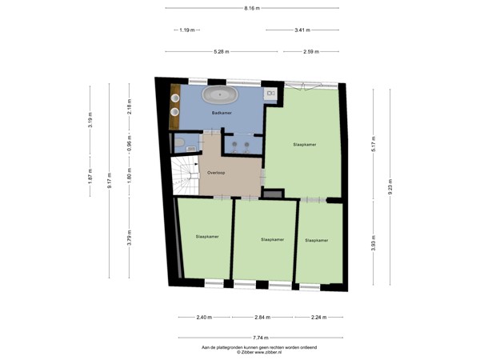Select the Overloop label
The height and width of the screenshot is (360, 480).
[x=215, y=172]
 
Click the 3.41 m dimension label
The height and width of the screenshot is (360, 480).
[x=302, y=30]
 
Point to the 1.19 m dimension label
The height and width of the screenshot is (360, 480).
[x=186, y=30]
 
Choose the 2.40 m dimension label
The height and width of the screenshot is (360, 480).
[x=204, y=317]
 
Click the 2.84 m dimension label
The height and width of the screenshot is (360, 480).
[x=262, y=317]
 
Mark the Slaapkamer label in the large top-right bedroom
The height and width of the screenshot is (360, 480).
[x=305, y=145]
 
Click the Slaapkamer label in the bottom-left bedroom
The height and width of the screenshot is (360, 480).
[x=206, y=237]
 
